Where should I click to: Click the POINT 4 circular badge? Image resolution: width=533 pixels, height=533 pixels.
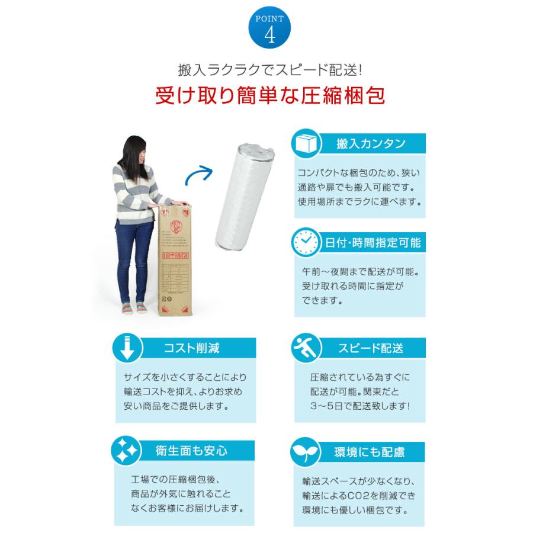click(266, 28)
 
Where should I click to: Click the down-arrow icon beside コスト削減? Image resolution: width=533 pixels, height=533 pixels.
click(125, 348)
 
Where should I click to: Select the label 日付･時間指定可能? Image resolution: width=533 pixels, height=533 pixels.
click(373, 243)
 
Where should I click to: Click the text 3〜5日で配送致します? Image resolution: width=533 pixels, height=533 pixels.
click(359, 407)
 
